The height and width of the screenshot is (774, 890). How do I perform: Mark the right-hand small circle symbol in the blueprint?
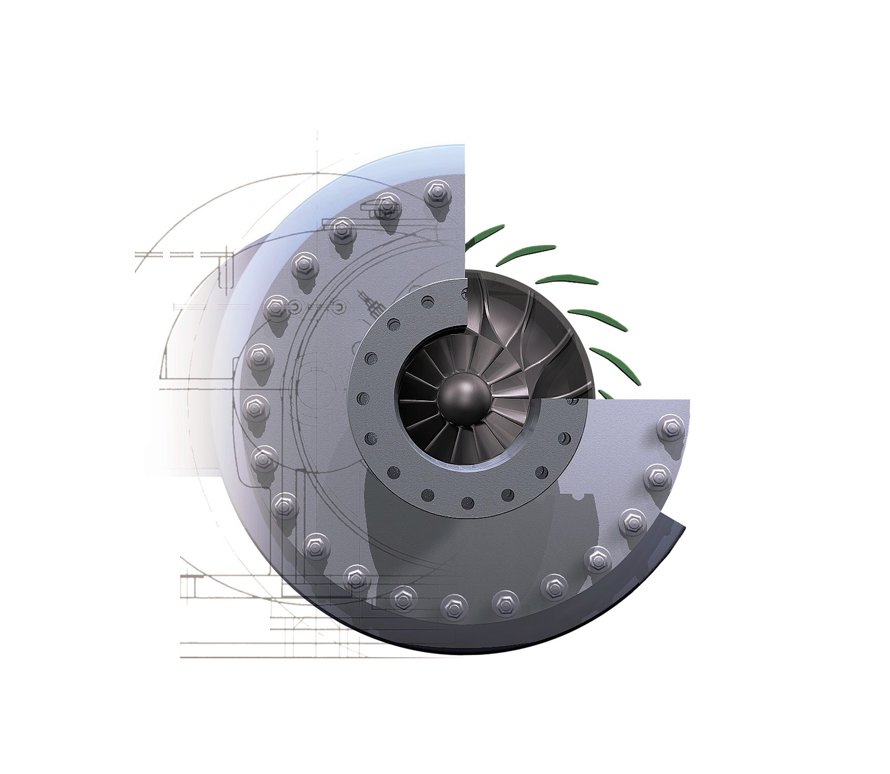tap(340, 307)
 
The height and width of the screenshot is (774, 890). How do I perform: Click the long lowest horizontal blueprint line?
tap(278, 657)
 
